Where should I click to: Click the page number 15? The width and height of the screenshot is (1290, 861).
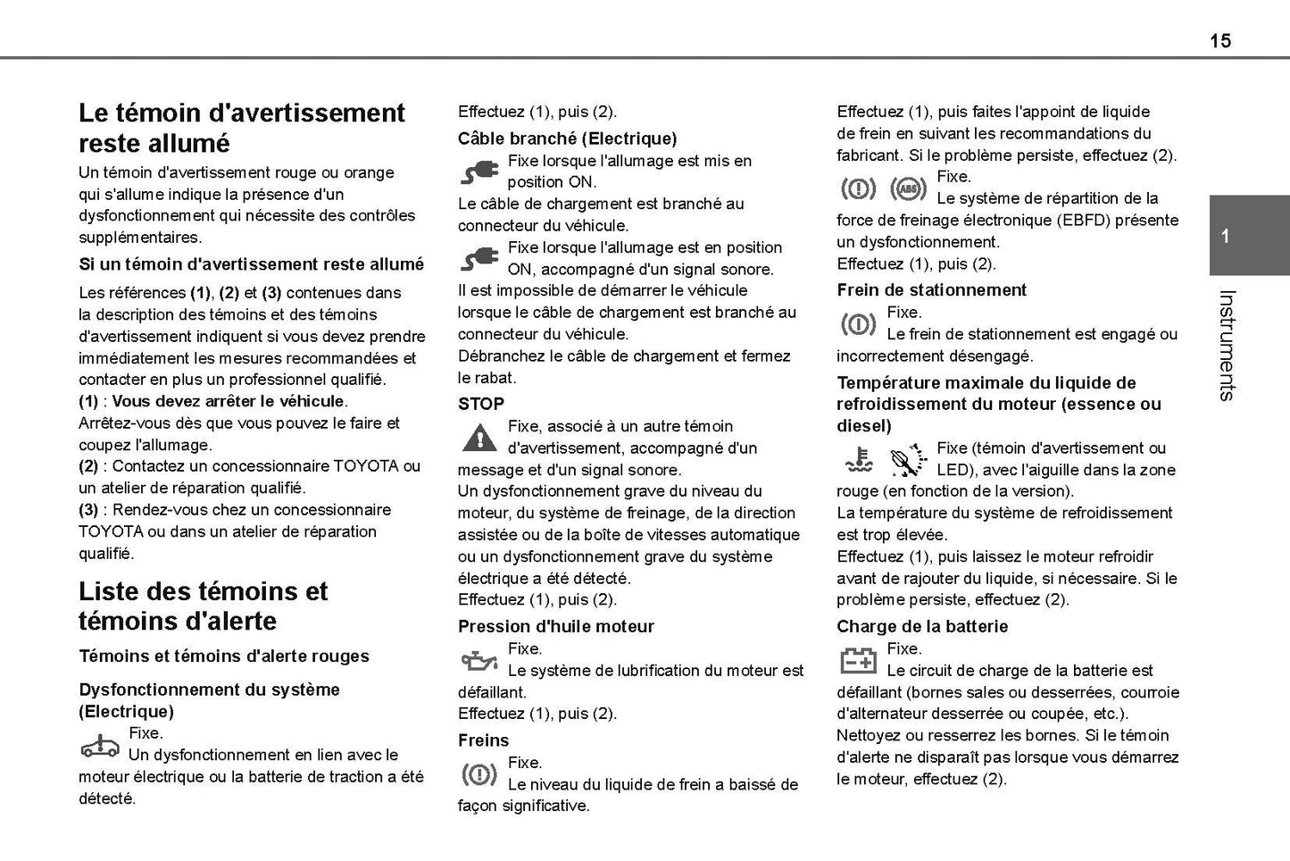click(1219, 40)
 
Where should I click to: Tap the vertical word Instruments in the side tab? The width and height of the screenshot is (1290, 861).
click(1227, 345)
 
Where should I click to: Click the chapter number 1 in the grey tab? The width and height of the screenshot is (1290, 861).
click(1225, 237)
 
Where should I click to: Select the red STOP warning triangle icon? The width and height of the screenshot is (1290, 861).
click(479, 439)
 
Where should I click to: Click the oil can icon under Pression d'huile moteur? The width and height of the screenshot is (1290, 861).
click(479, 661)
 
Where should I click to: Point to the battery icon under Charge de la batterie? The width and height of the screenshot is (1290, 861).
click(859, 660)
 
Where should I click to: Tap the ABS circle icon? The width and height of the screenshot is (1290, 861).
click(908, 188)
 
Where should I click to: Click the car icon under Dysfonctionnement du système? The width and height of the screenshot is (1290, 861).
click(100, 745)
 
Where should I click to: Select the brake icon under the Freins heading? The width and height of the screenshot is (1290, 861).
click(479, 774)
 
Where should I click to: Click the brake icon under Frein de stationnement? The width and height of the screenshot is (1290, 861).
click(859, 324)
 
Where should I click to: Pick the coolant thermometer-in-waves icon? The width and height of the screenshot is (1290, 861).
click(859, 459)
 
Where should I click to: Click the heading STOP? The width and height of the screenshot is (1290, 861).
click(481, 404)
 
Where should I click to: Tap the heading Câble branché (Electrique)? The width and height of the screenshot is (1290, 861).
click(567, 138)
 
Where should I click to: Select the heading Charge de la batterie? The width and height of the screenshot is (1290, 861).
click(922, 626)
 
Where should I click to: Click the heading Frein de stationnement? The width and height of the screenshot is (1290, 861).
click(931, 289)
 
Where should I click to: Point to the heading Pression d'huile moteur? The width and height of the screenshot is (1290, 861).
click(555, 626)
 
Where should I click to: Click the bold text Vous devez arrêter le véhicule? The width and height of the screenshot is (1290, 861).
click(229, 401)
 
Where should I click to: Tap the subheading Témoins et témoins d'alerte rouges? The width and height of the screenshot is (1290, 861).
click(223, 656)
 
